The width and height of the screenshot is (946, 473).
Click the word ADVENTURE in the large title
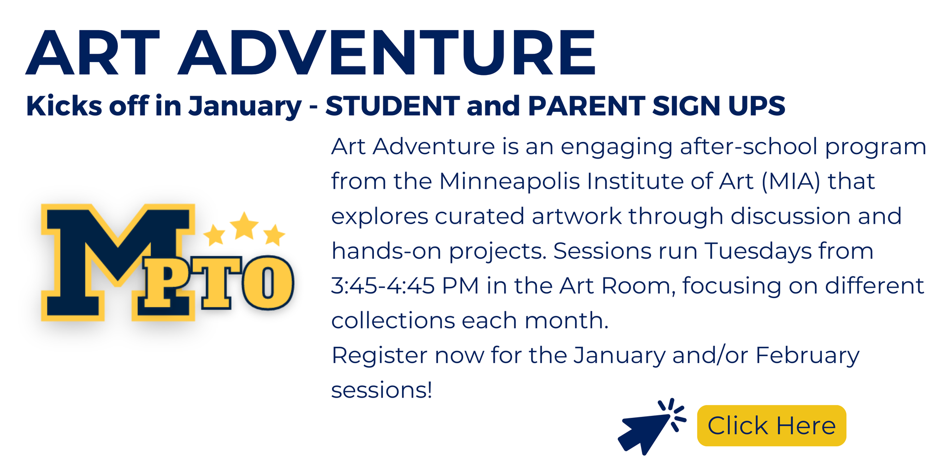pos(387,52)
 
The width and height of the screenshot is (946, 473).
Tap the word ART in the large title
pos(93,52)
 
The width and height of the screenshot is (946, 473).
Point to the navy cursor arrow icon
pos(651,427)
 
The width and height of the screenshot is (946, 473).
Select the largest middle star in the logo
pos(244,226)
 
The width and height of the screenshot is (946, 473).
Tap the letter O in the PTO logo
pos(268,283)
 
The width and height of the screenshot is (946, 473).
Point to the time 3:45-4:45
pos(383,286)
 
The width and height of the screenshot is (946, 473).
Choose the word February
pos(808,356)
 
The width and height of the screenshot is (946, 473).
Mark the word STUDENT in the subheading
pos(392,106)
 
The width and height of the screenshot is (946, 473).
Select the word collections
pos(393,321)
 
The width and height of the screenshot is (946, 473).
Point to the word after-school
pos(748,146)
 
